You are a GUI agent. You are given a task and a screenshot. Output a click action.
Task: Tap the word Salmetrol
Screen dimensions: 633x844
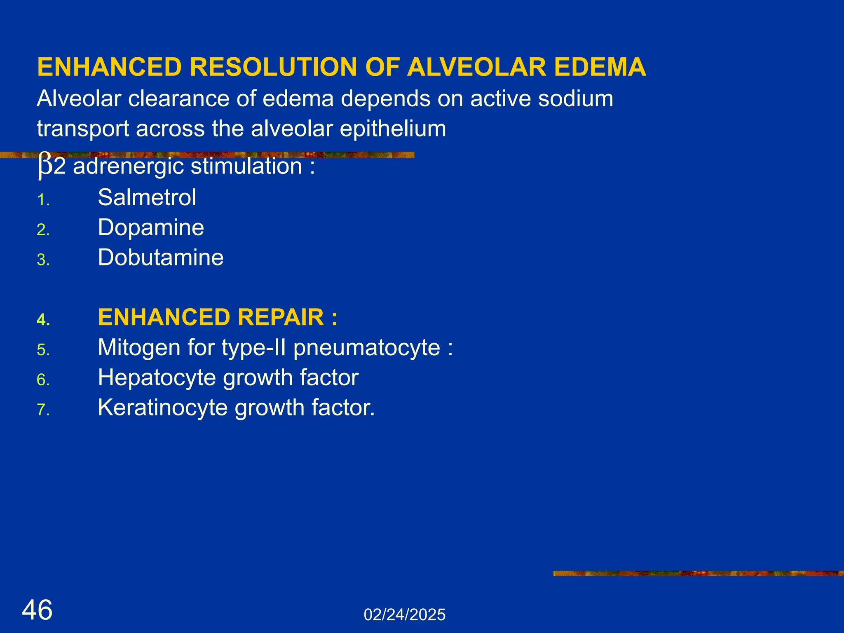tap(147, 197)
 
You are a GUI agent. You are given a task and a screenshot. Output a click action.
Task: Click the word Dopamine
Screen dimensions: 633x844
tap(151, 227)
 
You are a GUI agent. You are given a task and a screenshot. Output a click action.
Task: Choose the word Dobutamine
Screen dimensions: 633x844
tap(161, 258)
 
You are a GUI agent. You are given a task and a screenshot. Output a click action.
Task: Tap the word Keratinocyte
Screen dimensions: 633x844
tap(162, 408)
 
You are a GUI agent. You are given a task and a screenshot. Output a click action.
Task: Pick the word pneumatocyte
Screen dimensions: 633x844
tap(367, 348)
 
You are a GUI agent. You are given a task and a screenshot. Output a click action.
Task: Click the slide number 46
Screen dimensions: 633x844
tap(37, 610)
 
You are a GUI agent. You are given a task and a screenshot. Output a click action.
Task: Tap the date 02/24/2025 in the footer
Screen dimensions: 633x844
tap(404, 615)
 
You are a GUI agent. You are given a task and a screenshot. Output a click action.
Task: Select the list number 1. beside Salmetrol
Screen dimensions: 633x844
tap(43, 201)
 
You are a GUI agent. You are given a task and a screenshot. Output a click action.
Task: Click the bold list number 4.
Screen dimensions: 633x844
tap(43, 320)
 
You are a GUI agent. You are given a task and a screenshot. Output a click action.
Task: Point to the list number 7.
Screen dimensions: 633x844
tap(43, 410)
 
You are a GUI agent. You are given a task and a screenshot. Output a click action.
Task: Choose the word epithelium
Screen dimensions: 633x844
tap(393, 129)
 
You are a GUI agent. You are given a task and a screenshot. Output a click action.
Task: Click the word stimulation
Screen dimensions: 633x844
tap(246, 166)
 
